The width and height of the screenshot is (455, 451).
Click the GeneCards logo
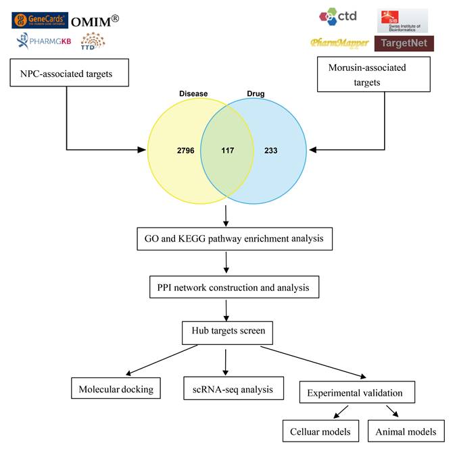39,20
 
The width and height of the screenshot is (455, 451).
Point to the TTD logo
93,42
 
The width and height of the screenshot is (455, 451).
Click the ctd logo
338,16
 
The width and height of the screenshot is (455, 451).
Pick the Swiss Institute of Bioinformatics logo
402,20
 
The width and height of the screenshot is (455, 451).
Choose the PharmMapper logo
339,43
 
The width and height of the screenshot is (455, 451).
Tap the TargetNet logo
404,43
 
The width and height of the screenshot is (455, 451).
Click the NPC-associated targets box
70,73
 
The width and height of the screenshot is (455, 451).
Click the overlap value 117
228,150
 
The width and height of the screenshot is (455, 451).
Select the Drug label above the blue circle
254,94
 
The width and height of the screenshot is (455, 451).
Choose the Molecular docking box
116,389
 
